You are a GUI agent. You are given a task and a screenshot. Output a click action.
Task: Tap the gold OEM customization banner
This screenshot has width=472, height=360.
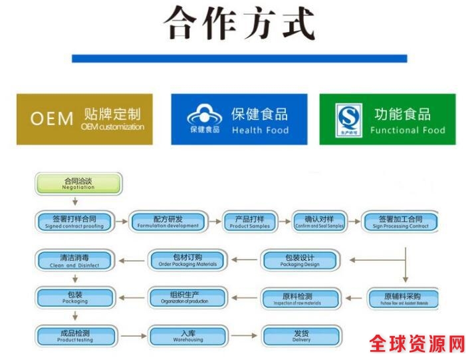pyautogui.click(x=84, y=119)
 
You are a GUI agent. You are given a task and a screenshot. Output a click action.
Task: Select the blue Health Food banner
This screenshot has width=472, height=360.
pyautogui.click(x=239, y=119)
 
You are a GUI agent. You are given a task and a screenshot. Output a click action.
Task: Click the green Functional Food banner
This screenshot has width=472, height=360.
pyautogui.click(x=388, y=119)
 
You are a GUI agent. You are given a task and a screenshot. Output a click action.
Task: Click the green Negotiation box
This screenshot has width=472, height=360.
pyautogui.click(x=78, y=183)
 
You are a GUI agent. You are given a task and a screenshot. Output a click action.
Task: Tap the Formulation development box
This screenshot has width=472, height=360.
pyautogui.click(x=168, y=222)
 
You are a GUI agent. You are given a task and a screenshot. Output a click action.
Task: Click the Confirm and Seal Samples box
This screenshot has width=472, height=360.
pyautogui.click(x=319, y=222)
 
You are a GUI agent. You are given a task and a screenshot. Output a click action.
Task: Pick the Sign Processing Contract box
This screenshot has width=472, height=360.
pyautogui.click(x=400, y=222)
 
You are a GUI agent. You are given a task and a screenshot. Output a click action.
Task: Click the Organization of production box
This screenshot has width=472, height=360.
pyautogui.click(x=187, y=298)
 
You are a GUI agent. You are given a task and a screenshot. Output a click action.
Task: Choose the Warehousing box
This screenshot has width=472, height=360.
pyautogui.click(x=187, y=335)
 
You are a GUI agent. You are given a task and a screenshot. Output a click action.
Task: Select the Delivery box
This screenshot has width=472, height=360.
pyautogui.click(x=301, y=335)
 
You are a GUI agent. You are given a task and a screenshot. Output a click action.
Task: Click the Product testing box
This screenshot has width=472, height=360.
pyautogui.click(x=74, y=335)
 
